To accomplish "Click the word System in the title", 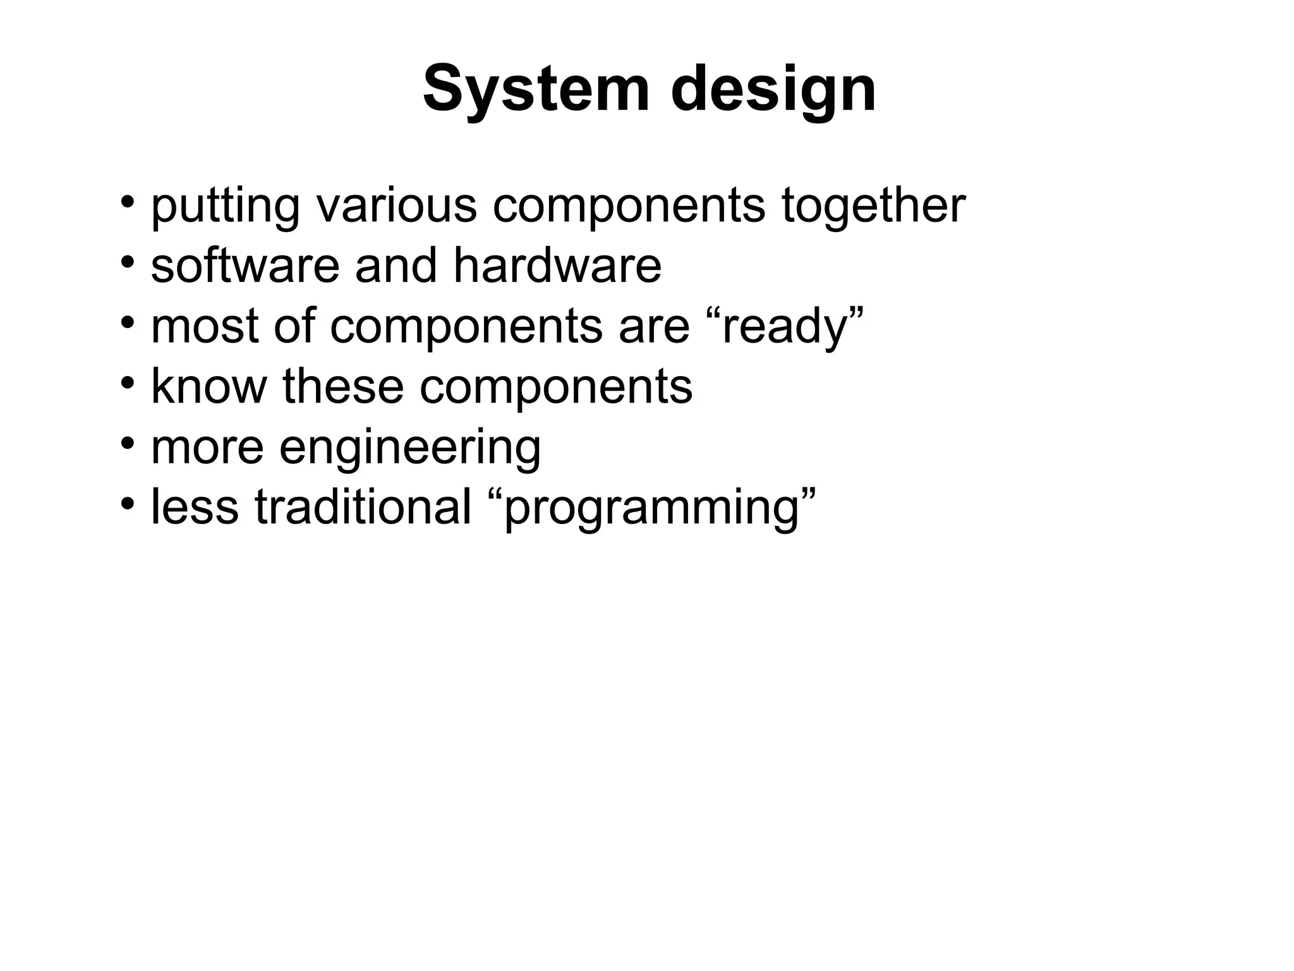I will (536, 90).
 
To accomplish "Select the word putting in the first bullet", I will (225, 206).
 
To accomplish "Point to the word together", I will (873, 206).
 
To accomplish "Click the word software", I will (245, 265).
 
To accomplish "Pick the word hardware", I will (557, 265).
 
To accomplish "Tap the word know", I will (209, 386).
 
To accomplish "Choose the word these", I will (342, 386).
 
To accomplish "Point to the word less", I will (195, 507).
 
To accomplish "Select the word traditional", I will (363, 507).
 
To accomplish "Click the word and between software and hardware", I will (396, 265).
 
